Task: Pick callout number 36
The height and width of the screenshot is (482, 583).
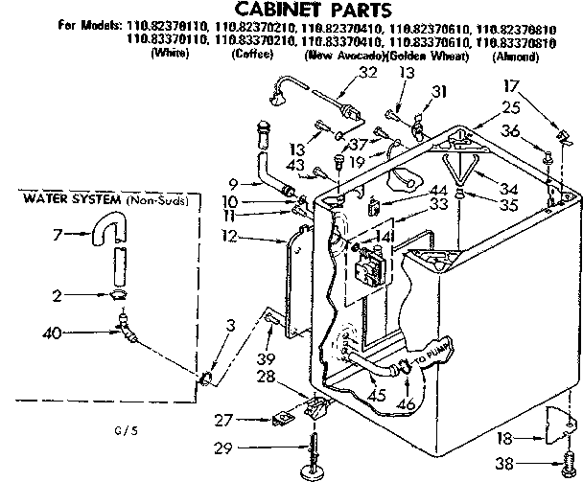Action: coord(512,131)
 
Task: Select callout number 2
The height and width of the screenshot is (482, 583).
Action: coord(59,296)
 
